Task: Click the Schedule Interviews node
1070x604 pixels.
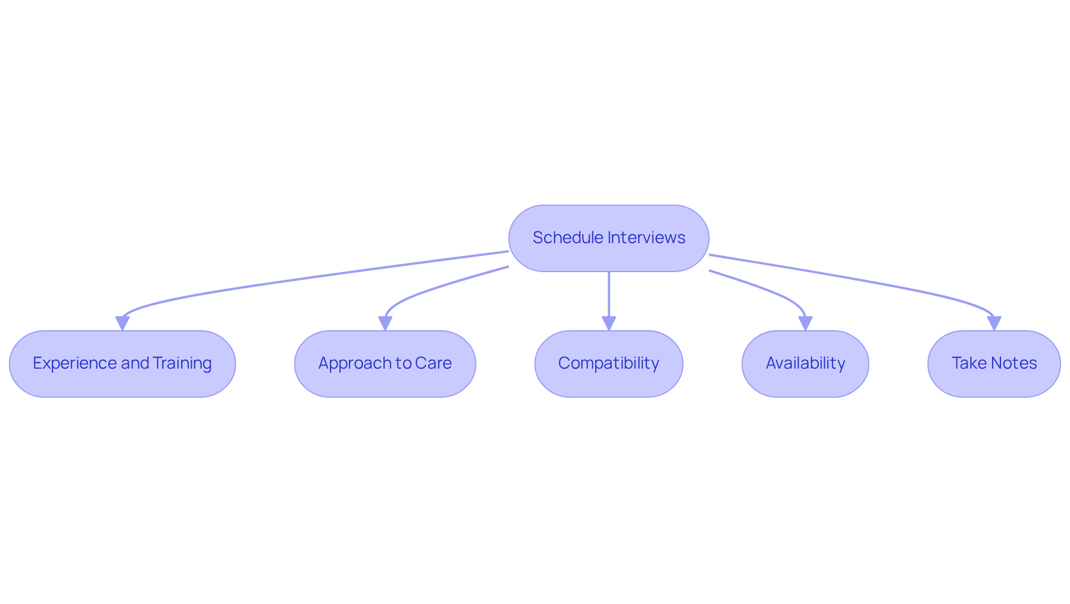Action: click(609, 238)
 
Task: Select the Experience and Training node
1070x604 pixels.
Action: click(122, 364)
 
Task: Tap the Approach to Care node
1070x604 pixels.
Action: click(385, 364)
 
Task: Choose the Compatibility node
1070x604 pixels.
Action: click(609, 364)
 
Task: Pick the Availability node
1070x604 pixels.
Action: click(805, 364)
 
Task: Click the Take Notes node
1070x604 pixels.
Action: click(994, 364)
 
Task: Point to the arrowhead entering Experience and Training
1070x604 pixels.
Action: click(123, 323)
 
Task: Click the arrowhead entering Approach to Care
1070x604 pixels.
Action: click(385, 323)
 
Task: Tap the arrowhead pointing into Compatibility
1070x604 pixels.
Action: click(609, 323)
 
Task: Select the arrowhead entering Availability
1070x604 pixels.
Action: click(805, 323)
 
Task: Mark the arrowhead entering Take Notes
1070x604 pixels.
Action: click(994, 323)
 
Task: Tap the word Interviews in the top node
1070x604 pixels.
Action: click(647, 238)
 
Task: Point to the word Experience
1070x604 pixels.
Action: click(75, 363)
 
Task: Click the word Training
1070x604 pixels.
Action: click(182, 363)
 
